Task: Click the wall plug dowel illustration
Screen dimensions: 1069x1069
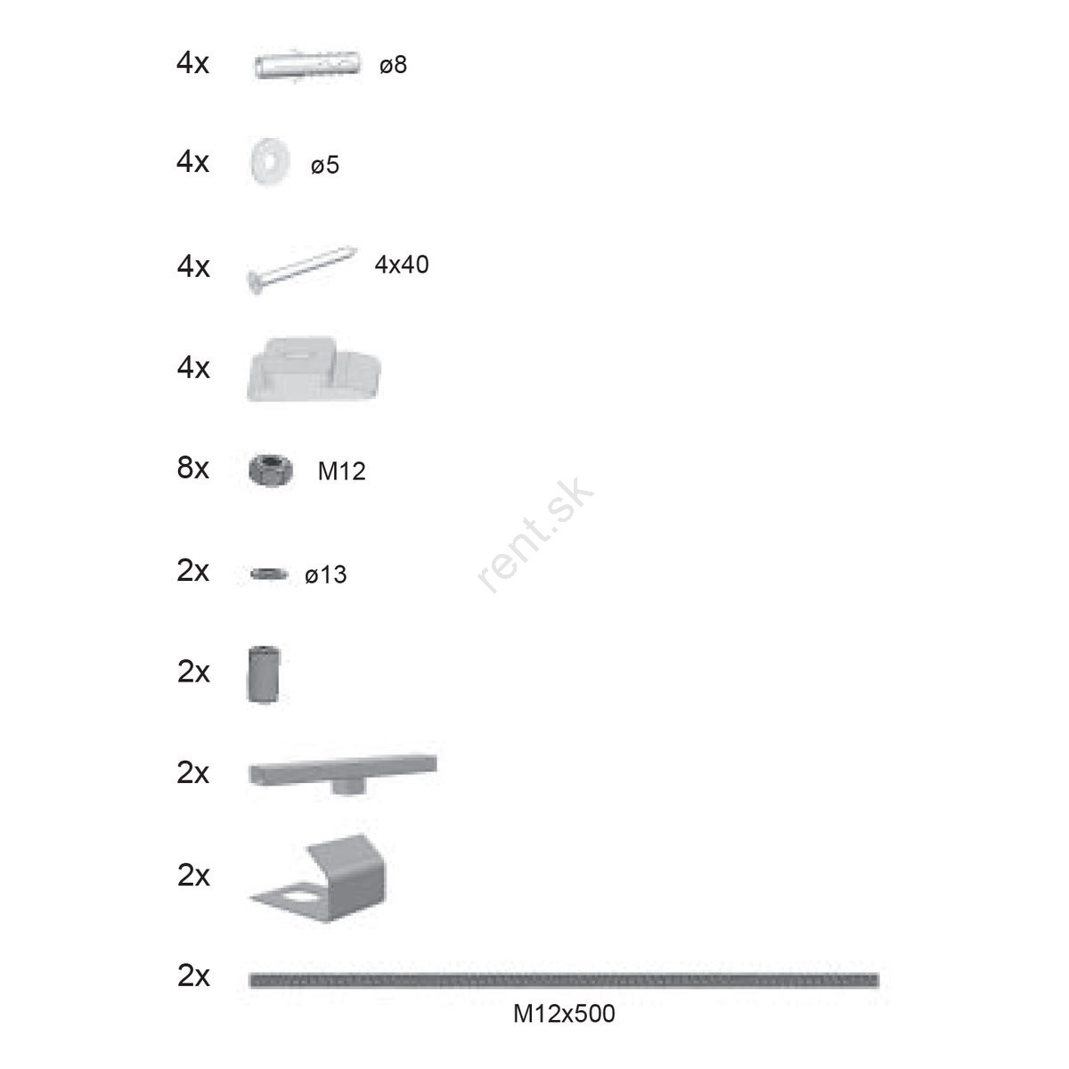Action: [306, 65]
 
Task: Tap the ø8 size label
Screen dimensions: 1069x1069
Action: [393, 65]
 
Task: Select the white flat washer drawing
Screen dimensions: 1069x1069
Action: [269, 161]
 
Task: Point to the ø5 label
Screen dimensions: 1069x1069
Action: [324, 165]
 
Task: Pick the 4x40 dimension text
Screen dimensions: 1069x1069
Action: [401, 265]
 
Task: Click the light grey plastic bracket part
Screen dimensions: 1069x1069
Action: [314, 368]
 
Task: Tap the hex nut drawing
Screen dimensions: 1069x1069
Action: [270, 469]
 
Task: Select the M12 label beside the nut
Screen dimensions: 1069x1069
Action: [341, 471]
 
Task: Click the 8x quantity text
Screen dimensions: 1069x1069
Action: [192, 468]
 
